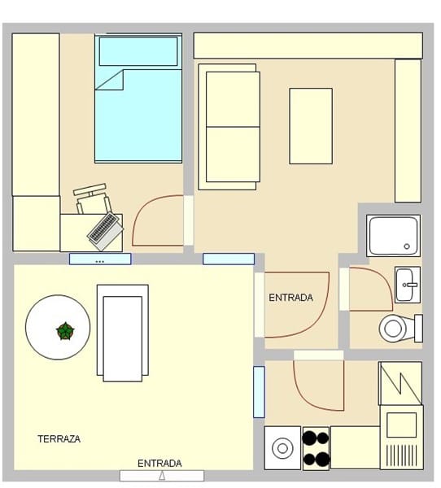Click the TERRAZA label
pyautogui.click(x=59, y=439)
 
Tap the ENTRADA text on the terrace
pyautogui.click(x=159, y=464)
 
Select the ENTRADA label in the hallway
pyautogui.click(x=290, y=298)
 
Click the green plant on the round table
pyautogui.click(x=65, y=331)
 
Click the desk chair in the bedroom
pyautogui.click(x=92, y=198)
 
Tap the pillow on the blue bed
pyautogui.click(x=138, y=51)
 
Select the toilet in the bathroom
pyautogui.click(x=401, y=329)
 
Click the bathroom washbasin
pyautogui.click(x=408, y=285)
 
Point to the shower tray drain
pyautogui.click(x=407, y=246)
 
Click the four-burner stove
pyautogui.click(x=316, y=448)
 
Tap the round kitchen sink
pyautogui.click(x=282, y=448)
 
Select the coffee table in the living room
pyautogui.click(x=311, y=126)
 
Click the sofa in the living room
pyautogui.click(x=229, y=127)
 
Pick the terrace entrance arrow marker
pyautogui.click(x=162, y=476)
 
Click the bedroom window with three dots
pyautogui.click(x=100, y=259)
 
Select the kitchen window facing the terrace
pyautogui.click(x=259, y=392)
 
